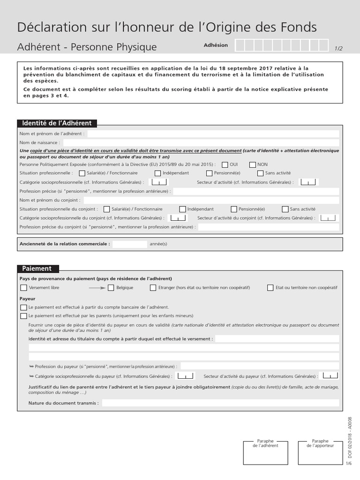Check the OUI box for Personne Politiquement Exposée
pos(225,165)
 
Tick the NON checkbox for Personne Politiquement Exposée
pos(253,165)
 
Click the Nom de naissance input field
pos(201,142)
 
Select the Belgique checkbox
pos(111,288)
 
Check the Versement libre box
pos(23,288)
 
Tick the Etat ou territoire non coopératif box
pos(270,288)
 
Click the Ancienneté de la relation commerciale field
pos(129,244)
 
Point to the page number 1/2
pos(338,48)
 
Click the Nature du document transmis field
pos(220,403)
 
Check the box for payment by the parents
pos(23,316)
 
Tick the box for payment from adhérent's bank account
pos(23,307)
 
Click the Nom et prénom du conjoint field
pos(211,200)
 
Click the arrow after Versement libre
pos(97,288)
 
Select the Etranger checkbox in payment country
pos(153,288)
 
